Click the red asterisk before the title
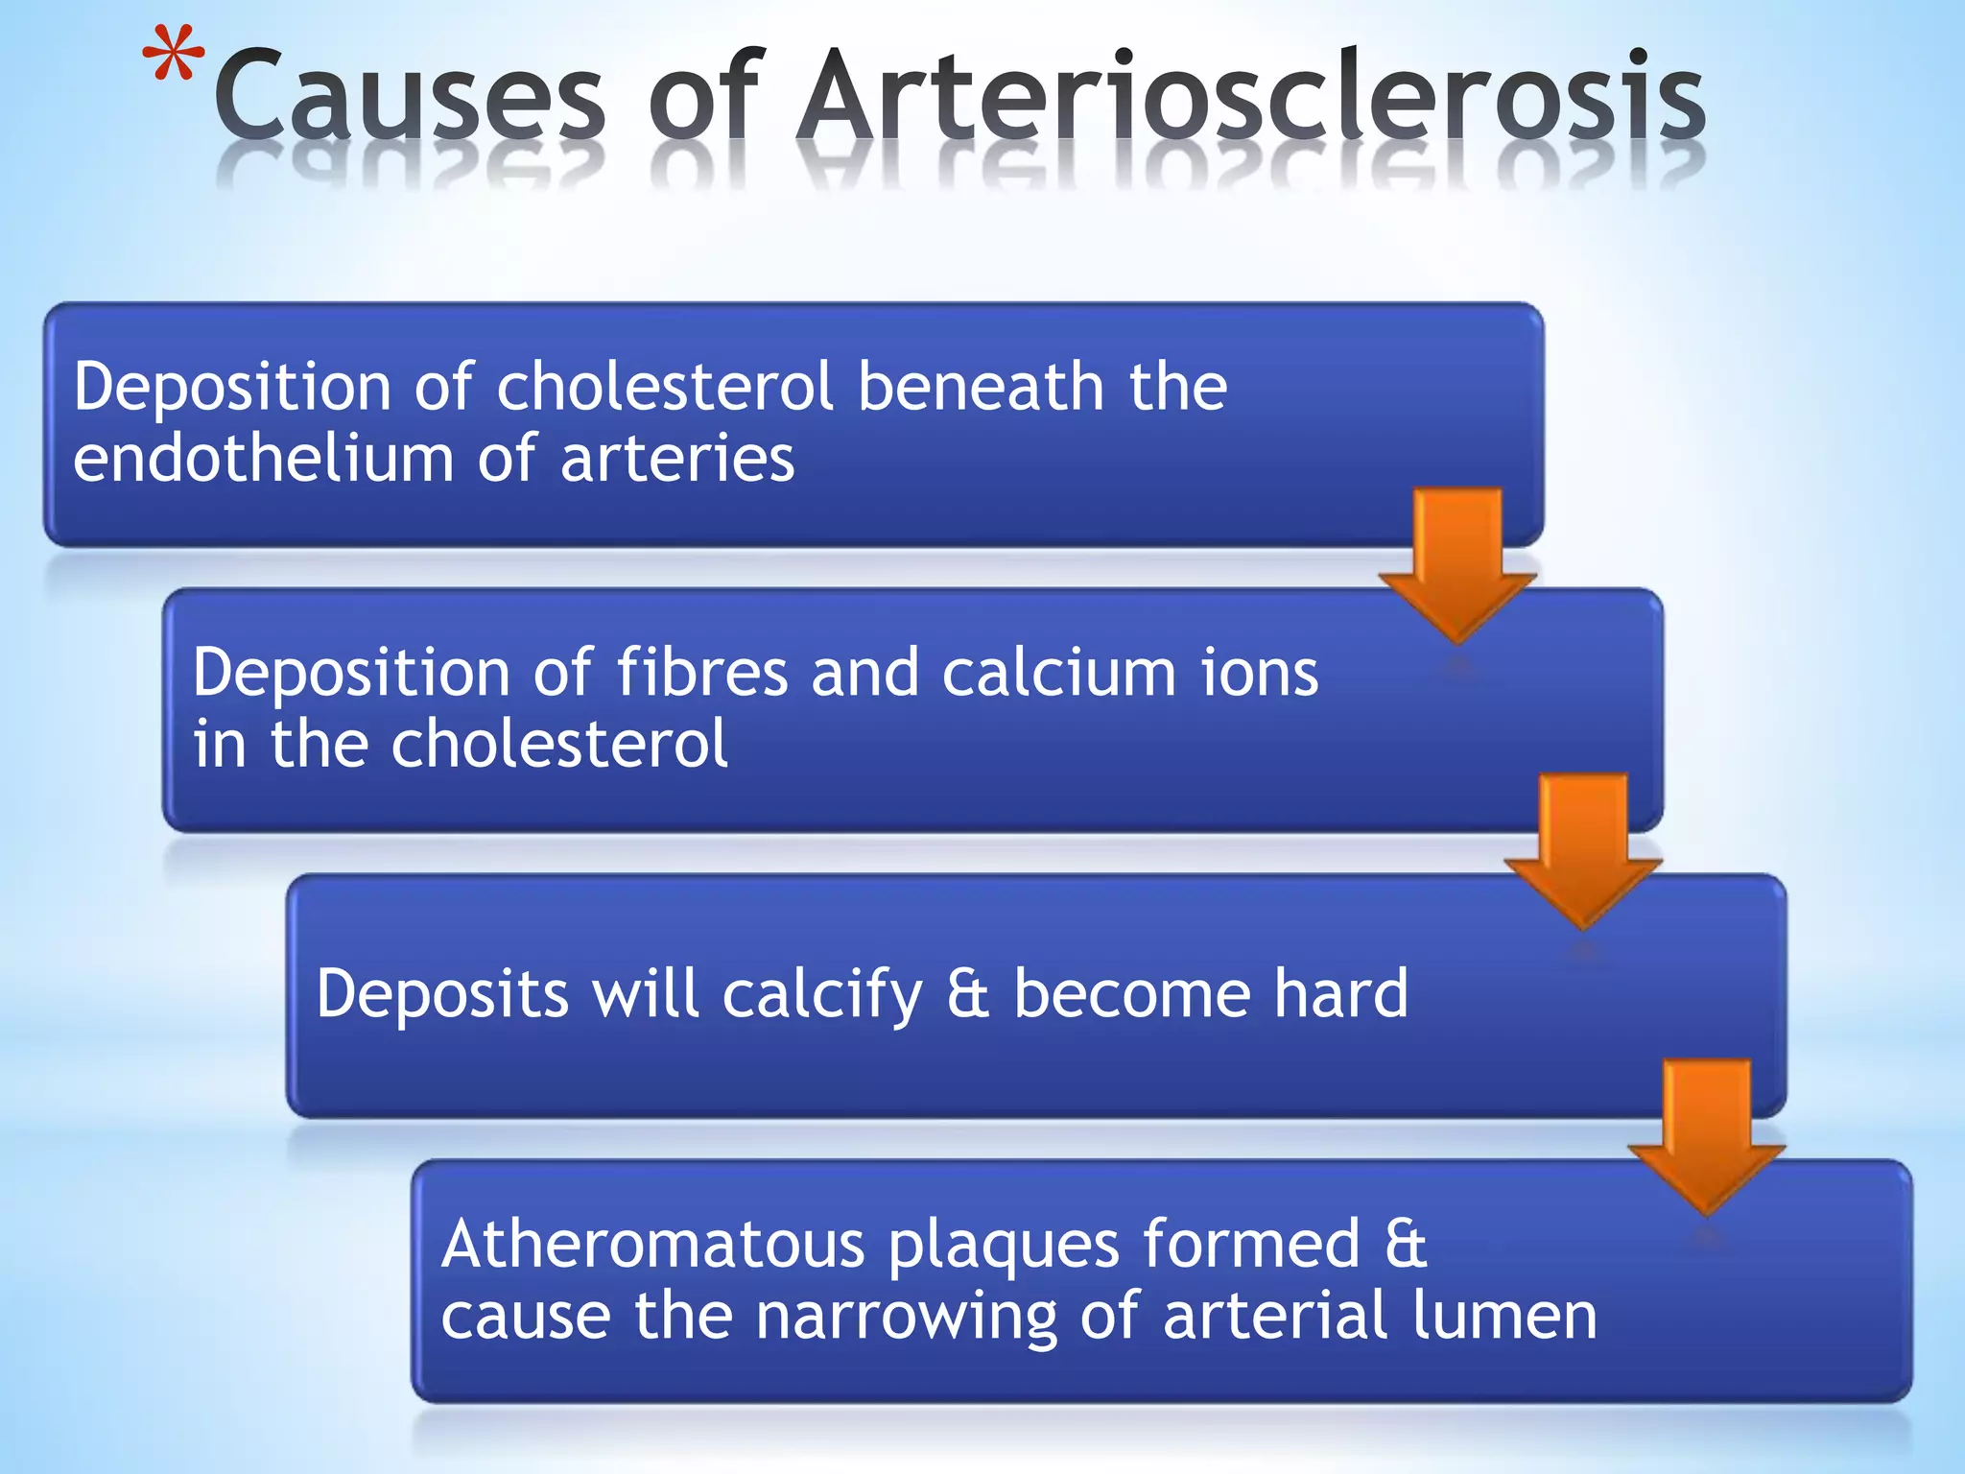click(174, 56)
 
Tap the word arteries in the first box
click(677, 460)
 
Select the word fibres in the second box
click(701, 672)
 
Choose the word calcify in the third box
click(822, 995)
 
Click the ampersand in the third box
click(967, 994)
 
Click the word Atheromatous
click(652, 1245)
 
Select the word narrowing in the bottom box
click(906, 1318)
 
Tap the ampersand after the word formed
click(1406, 1245)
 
